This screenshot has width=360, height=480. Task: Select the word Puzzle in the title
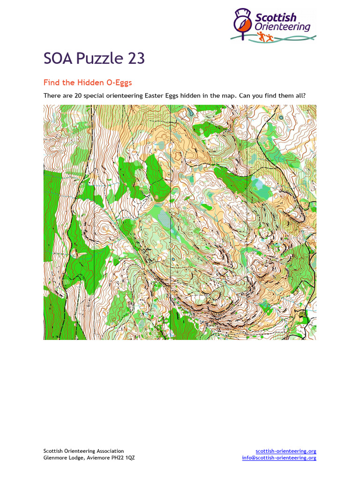[99, 59]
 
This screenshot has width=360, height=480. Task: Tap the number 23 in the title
[135, 59]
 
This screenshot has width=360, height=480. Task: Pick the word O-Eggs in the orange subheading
[119, 82]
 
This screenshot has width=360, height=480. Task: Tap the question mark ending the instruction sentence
[304, 96]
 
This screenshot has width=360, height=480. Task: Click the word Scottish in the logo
[276, 18]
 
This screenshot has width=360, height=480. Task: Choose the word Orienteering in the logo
[282, 27]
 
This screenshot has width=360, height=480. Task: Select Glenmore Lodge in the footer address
[62, 458]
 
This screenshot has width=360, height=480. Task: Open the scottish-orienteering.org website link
[286, 451]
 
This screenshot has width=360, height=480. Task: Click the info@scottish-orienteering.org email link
[279, 458]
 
